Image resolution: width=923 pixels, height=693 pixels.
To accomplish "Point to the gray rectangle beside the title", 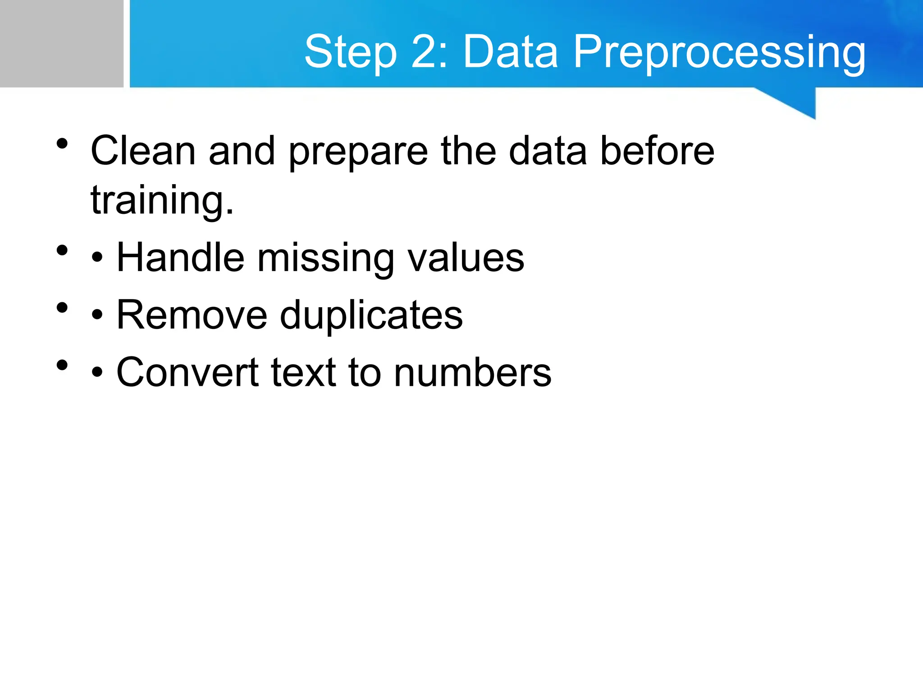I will [x=61, y=43].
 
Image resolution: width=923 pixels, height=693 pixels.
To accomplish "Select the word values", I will [x=466, y=258].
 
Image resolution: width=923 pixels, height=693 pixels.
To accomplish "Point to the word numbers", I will [x=472, y=373].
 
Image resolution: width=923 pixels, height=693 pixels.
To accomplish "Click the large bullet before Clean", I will [x=62, y=144].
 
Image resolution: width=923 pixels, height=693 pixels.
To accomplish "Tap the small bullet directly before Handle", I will [x=97, y=259].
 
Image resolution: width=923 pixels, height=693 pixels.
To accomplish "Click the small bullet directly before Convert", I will [x=97, y=373].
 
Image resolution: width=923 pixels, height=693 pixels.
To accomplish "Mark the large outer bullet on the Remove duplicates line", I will [x=62, y=308].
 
